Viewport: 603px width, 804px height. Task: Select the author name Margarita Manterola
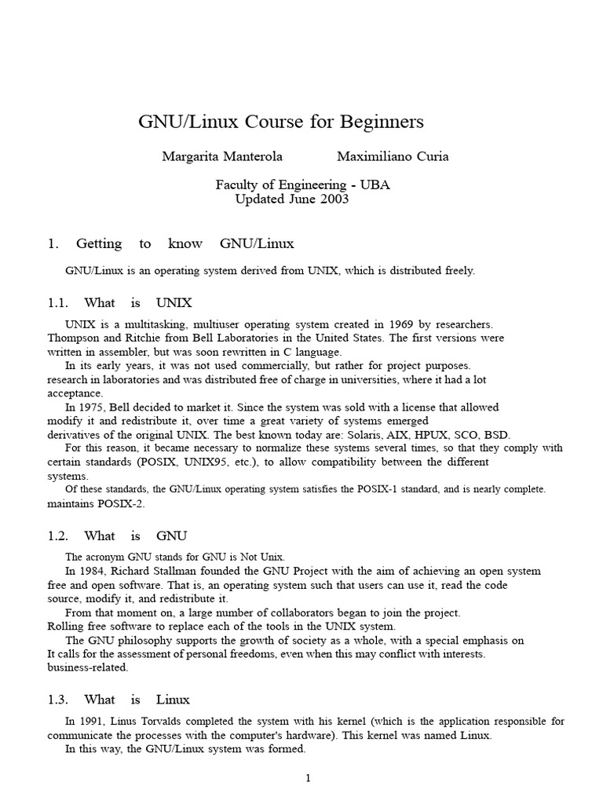[x=222, y=156]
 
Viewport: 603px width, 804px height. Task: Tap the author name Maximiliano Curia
[x=393, y=156]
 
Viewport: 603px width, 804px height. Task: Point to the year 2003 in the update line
[x=332, y=199]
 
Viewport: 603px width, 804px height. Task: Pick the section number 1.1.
[x=59, y=303]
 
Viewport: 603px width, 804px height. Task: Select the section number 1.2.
[x=59, y=536]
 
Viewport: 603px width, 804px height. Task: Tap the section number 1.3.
[x=59, y=700]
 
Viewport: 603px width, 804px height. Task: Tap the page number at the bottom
[x=309, y=779]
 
